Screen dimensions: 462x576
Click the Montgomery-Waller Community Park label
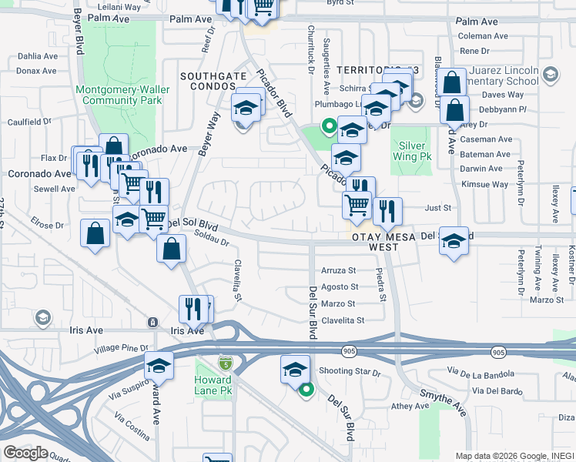coord(119,95)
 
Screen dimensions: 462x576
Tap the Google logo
coord(25,453)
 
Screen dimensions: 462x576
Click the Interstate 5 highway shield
coord(225,362)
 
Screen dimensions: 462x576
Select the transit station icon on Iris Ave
coord(153,322)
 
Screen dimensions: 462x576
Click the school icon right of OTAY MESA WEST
coord(454,240)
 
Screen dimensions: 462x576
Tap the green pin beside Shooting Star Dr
coord(306,390)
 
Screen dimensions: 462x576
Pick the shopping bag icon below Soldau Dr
coord(170,249)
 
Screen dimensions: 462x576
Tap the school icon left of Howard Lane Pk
coord(159,366)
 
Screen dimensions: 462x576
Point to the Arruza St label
coord(339,271)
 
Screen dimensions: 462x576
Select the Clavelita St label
coord(342,320)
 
